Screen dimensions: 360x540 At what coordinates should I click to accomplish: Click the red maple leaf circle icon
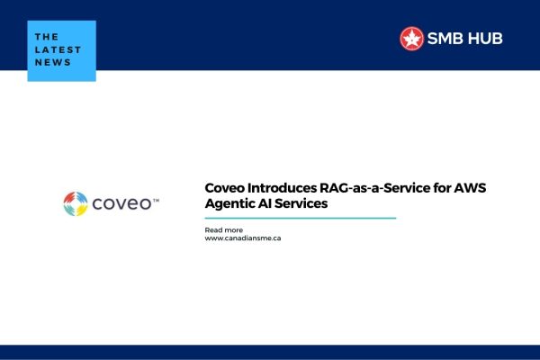(x=411, y=38)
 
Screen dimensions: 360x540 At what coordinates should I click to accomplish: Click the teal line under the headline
(x=301, y=218)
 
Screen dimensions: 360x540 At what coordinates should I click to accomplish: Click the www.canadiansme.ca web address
(x=244, y=240)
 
